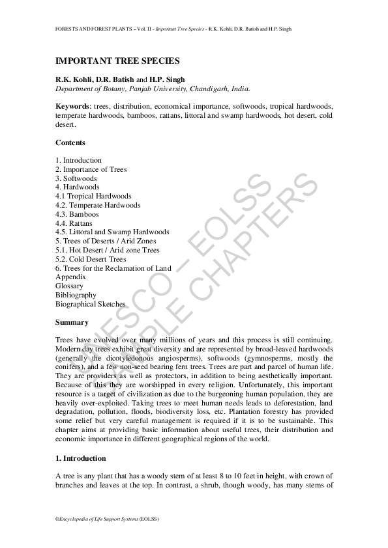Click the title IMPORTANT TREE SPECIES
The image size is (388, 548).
point(117,61)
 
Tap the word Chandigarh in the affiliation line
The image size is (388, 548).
point(207,89)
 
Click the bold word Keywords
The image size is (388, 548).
point(72,106)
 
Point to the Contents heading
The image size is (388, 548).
point(70,143)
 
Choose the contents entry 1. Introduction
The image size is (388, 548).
point(79,160)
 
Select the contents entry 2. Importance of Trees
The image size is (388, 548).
point(91,169)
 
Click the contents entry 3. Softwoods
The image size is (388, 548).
point(76,178)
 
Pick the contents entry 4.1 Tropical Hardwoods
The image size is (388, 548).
point(93,196)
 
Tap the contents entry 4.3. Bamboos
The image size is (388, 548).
point(78,214)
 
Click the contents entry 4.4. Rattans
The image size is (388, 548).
point(74,223)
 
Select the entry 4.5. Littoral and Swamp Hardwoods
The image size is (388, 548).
point(112,232)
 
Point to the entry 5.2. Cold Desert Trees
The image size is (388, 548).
point(91,259)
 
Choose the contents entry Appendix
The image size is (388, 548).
point(70,277)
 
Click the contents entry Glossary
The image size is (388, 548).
point(70,286)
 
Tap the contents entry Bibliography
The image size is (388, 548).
point(76,295)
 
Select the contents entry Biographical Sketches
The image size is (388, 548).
point(91,304)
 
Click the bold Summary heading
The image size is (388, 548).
point(72,322)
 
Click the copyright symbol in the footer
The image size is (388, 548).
point(57,519)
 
